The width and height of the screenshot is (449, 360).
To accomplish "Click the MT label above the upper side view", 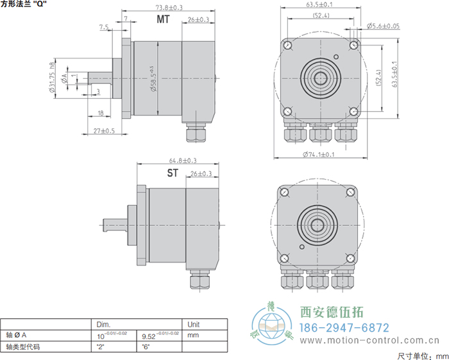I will [x=164, y=19].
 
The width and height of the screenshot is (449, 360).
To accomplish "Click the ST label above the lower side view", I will [x=173, y=173].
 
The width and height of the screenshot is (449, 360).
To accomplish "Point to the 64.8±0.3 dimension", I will [x=182, y=160].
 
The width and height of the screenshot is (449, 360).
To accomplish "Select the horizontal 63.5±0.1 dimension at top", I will [x=319, y=5].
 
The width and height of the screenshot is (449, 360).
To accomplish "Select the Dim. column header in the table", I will [x=103, y=324].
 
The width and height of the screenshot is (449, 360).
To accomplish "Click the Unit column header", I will [x=192, y=324].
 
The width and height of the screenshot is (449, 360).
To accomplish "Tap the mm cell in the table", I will [x=192, y=335].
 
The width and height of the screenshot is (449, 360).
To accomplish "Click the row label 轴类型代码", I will [x=24, y=346].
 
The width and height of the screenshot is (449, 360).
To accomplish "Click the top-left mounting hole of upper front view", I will [x=287, y=46].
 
